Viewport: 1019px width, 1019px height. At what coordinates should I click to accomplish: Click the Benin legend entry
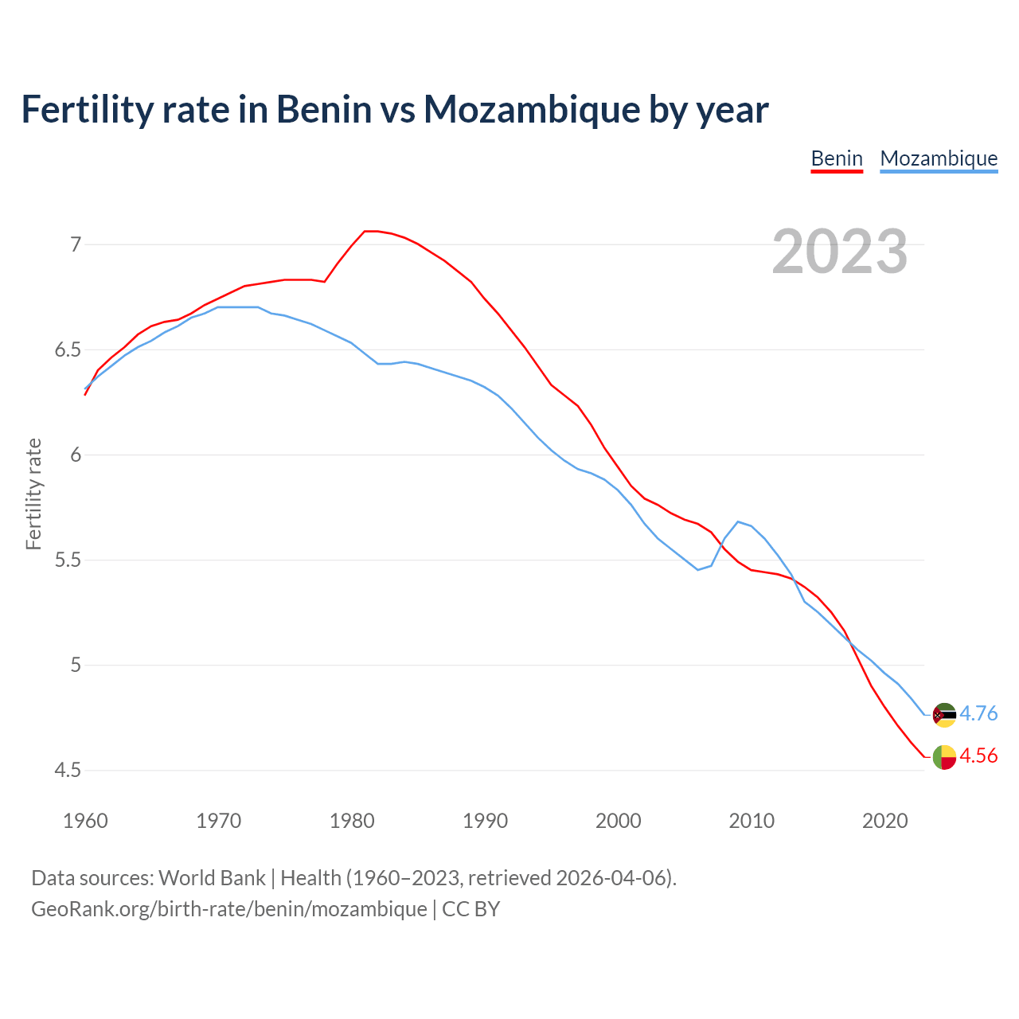(x=837, y=158)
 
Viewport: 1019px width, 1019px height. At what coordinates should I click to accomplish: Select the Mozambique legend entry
(x=939, y=158)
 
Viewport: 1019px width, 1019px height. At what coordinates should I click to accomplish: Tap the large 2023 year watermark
(x=840, y=252)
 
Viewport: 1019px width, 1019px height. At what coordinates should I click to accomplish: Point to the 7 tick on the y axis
(x=76, y=244)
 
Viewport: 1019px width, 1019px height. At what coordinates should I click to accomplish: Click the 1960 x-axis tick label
(x=85, y=821)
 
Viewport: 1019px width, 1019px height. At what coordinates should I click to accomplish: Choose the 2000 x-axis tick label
(x=619, y=821)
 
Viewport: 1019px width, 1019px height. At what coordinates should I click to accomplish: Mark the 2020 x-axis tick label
(x=884, y=821)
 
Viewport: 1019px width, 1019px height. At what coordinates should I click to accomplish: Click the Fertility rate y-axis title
(x=33, y=494)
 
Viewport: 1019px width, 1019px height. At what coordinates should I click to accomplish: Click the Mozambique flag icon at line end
(x=944, y=715)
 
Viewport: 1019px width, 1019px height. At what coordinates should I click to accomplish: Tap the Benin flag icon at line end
(x=944, y=757)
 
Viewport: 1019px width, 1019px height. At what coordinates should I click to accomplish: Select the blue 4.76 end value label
(x=978, y=714)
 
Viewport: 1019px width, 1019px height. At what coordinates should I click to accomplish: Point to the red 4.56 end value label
(x=978, y=756)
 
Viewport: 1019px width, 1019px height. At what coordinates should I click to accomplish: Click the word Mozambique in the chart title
(x=531, y=109)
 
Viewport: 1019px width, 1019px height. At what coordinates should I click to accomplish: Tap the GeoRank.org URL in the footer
(x=229, y=908)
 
